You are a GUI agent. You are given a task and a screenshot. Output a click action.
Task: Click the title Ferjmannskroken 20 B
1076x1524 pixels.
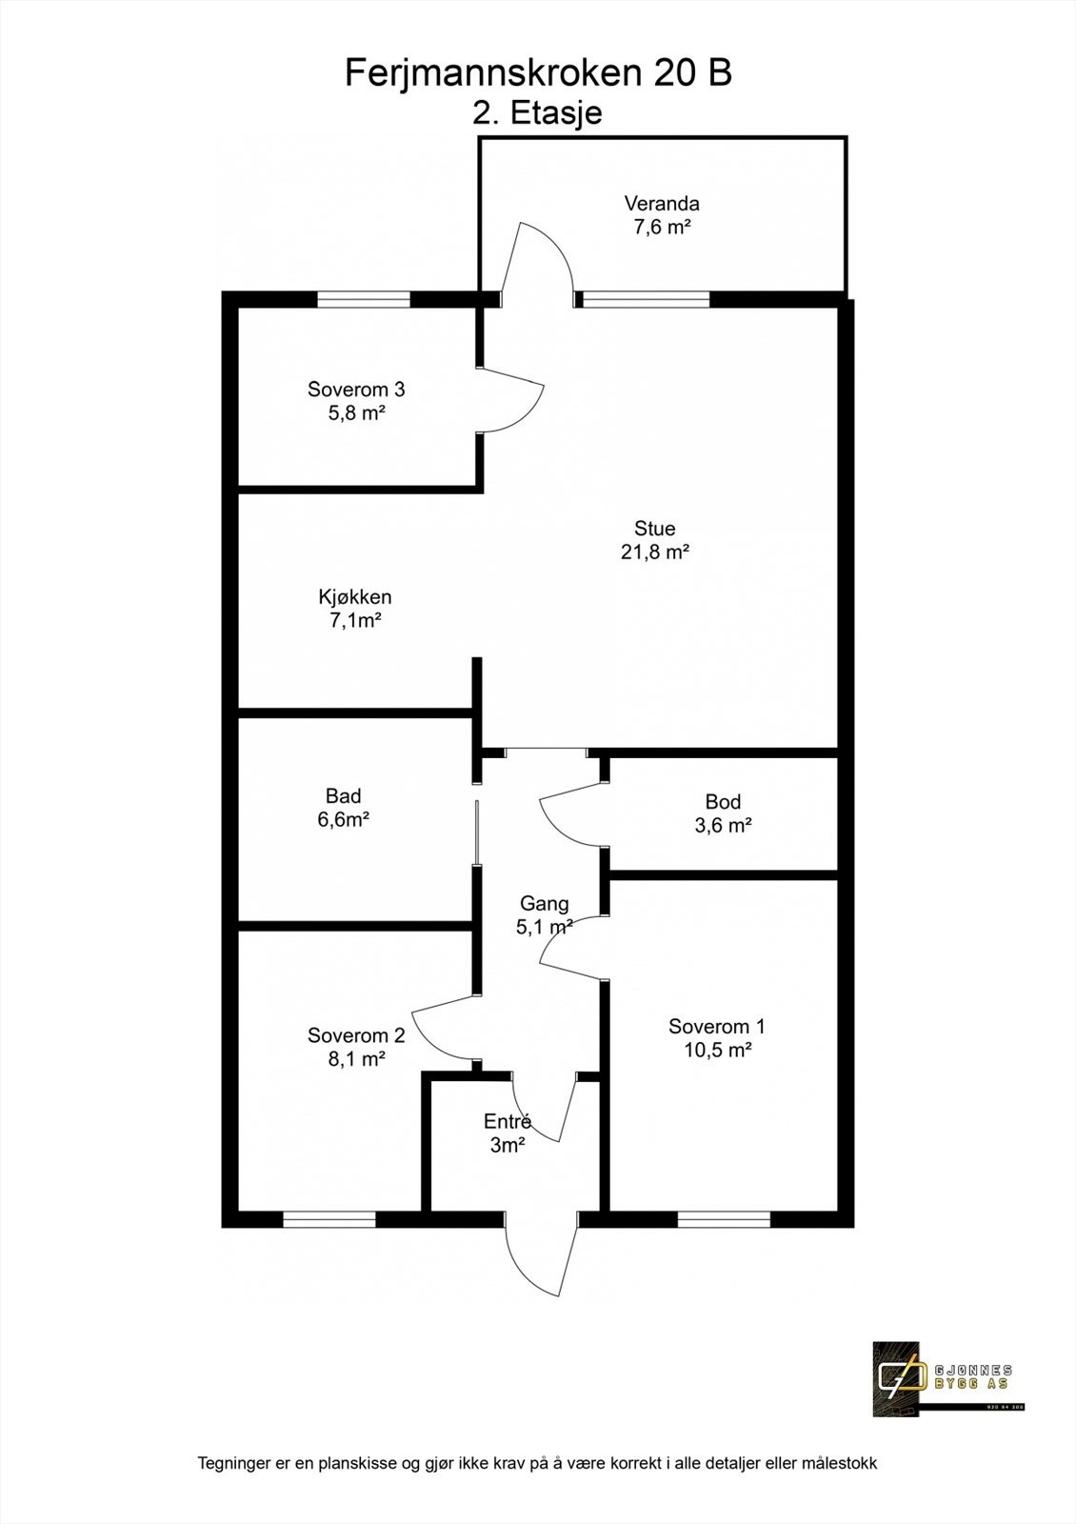(x=538, y=72)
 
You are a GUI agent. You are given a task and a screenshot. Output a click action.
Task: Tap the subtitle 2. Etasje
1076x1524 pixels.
(x=538, y=112)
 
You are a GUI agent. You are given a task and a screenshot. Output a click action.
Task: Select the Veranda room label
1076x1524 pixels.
(x=662, y=203)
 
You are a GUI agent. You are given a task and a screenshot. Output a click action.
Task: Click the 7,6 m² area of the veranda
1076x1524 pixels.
(x=662, y=228)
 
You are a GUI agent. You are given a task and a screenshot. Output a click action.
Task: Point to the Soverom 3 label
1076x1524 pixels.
(x=356, y=389)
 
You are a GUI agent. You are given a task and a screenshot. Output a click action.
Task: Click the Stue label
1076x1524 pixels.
(x=655, y=529)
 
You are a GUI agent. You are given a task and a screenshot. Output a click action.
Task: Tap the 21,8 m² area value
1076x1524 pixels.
(x=655, y=552)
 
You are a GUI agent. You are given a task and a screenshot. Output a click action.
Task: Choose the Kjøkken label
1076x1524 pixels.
(x=355, y=597)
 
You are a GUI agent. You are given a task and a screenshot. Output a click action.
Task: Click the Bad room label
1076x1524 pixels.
(x=343, y=796)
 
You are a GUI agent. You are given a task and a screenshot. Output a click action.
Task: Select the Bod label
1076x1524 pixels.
(x=723, y=802)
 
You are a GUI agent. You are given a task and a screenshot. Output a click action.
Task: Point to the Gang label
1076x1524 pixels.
(x=544, y=904)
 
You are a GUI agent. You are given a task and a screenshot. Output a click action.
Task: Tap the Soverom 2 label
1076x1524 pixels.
(x=356, y=1035)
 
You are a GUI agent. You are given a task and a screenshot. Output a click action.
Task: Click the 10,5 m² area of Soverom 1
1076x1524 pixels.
(x=717, y=1051)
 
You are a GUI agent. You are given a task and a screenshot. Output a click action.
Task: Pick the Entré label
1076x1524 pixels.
(x=507, y=1121)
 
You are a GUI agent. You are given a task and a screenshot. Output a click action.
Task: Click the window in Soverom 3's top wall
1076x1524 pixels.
(x=364, y=299)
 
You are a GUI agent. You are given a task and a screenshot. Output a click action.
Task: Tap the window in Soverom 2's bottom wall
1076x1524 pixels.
(x=329, y=1218)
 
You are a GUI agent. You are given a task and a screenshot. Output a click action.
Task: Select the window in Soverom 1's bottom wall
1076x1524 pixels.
(x=724, y=1218)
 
